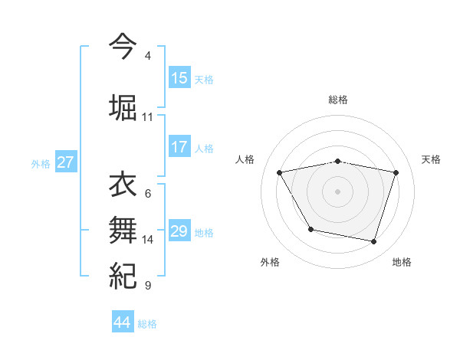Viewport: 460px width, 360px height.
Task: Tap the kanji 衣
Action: [x=123, y=186]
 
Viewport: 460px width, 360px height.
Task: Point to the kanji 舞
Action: [x=123, y=230]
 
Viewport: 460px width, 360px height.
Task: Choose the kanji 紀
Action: [x=123, y=275]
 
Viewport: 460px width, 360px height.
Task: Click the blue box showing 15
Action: [x=179, y=78]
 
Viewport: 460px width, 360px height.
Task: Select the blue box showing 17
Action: [x=179, y=147]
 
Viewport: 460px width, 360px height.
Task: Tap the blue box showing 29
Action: [x=179, y=231]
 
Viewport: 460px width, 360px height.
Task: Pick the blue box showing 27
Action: [x=65, y=162]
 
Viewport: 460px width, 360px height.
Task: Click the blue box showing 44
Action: [x=123, y=322]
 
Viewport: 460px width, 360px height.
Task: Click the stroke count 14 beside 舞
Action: [x=148, y=240]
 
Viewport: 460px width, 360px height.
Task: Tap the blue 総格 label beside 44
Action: [x=147, y=324]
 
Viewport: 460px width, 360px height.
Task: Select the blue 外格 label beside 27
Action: [x=40, y=163]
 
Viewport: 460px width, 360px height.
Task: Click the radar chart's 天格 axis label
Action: [x=431, y=159]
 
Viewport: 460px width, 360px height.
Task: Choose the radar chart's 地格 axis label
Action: [x=402, y=262]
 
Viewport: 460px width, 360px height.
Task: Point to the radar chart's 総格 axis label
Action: [x=337, y=100]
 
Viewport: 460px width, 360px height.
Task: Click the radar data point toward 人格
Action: [x=280, y=172]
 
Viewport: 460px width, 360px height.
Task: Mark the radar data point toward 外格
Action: [x=310, y=229]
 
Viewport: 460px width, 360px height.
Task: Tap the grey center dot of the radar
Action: [x=337, y=191]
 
